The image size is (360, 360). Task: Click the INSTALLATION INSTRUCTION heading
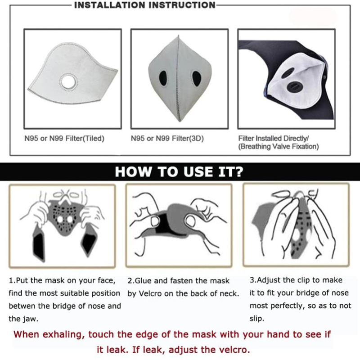(145, 5)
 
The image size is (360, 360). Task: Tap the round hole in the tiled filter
(69, 81)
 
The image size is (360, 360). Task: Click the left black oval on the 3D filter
(163, 78)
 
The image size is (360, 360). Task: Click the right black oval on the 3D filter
(197, 78)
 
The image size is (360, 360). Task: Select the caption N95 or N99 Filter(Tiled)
(64, 139)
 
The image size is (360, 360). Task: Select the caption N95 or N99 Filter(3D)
(167, 139)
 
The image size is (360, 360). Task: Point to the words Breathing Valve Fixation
(279, 147)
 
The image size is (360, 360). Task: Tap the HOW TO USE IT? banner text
(179, 171)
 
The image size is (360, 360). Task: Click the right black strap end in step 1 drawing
(88, 243)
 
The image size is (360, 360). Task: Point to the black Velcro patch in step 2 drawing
(164, 224)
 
